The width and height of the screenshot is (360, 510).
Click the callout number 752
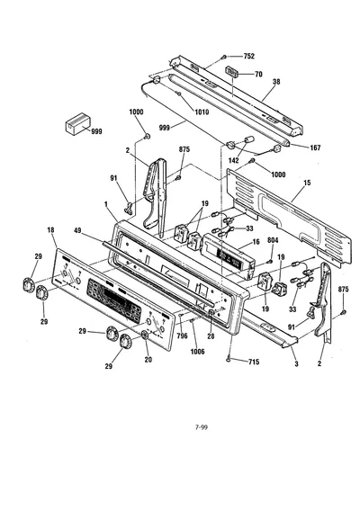coord(249,57)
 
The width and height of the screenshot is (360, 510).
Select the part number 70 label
coord(258,75)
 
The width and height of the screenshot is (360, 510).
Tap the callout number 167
coord(315,148)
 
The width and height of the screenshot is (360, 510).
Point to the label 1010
coord(202,112)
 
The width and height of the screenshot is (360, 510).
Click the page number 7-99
coord(202,427)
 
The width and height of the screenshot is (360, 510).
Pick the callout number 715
coord(254,362)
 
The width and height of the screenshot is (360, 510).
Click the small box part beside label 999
coord(77,123)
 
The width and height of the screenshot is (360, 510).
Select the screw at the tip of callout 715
coord(229,359)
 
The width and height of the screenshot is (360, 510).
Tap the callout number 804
coord(273,240)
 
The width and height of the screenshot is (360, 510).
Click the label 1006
coord(198,352)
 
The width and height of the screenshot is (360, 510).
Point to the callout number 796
coord(183,336)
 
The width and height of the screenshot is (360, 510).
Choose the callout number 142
coord(234,160)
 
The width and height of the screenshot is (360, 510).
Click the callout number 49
coord(77,230)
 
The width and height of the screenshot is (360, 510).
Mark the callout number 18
coord(50,230)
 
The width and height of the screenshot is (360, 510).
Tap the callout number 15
coord(307,183)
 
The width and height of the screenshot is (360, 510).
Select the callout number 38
coord(276,82)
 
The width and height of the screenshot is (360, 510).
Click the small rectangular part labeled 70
coord(232,71)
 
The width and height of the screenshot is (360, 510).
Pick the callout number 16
coord(256,242)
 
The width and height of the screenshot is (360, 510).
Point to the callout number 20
coord(148,360)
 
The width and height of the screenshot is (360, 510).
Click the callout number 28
coord(211,336)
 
